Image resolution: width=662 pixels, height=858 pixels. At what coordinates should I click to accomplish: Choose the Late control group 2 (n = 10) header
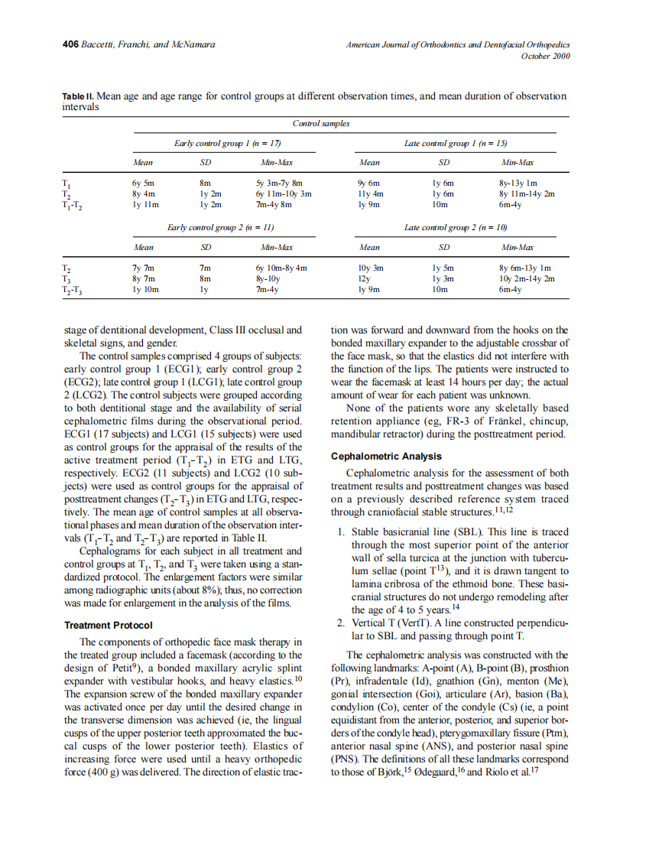click(x=456, y=228)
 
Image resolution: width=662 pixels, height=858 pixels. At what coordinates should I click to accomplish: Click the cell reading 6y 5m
click(x=143, y=184)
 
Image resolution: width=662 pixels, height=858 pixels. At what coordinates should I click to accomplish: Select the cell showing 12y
click(x=364, y=280)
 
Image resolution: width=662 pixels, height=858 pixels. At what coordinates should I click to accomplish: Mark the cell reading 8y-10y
click(x=269, y=280)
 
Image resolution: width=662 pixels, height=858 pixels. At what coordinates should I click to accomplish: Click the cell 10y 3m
click(x=371, y=269)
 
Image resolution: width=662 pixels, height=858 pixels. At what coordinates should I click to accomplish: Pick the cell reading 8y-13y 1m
click(x=518, y=184)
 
